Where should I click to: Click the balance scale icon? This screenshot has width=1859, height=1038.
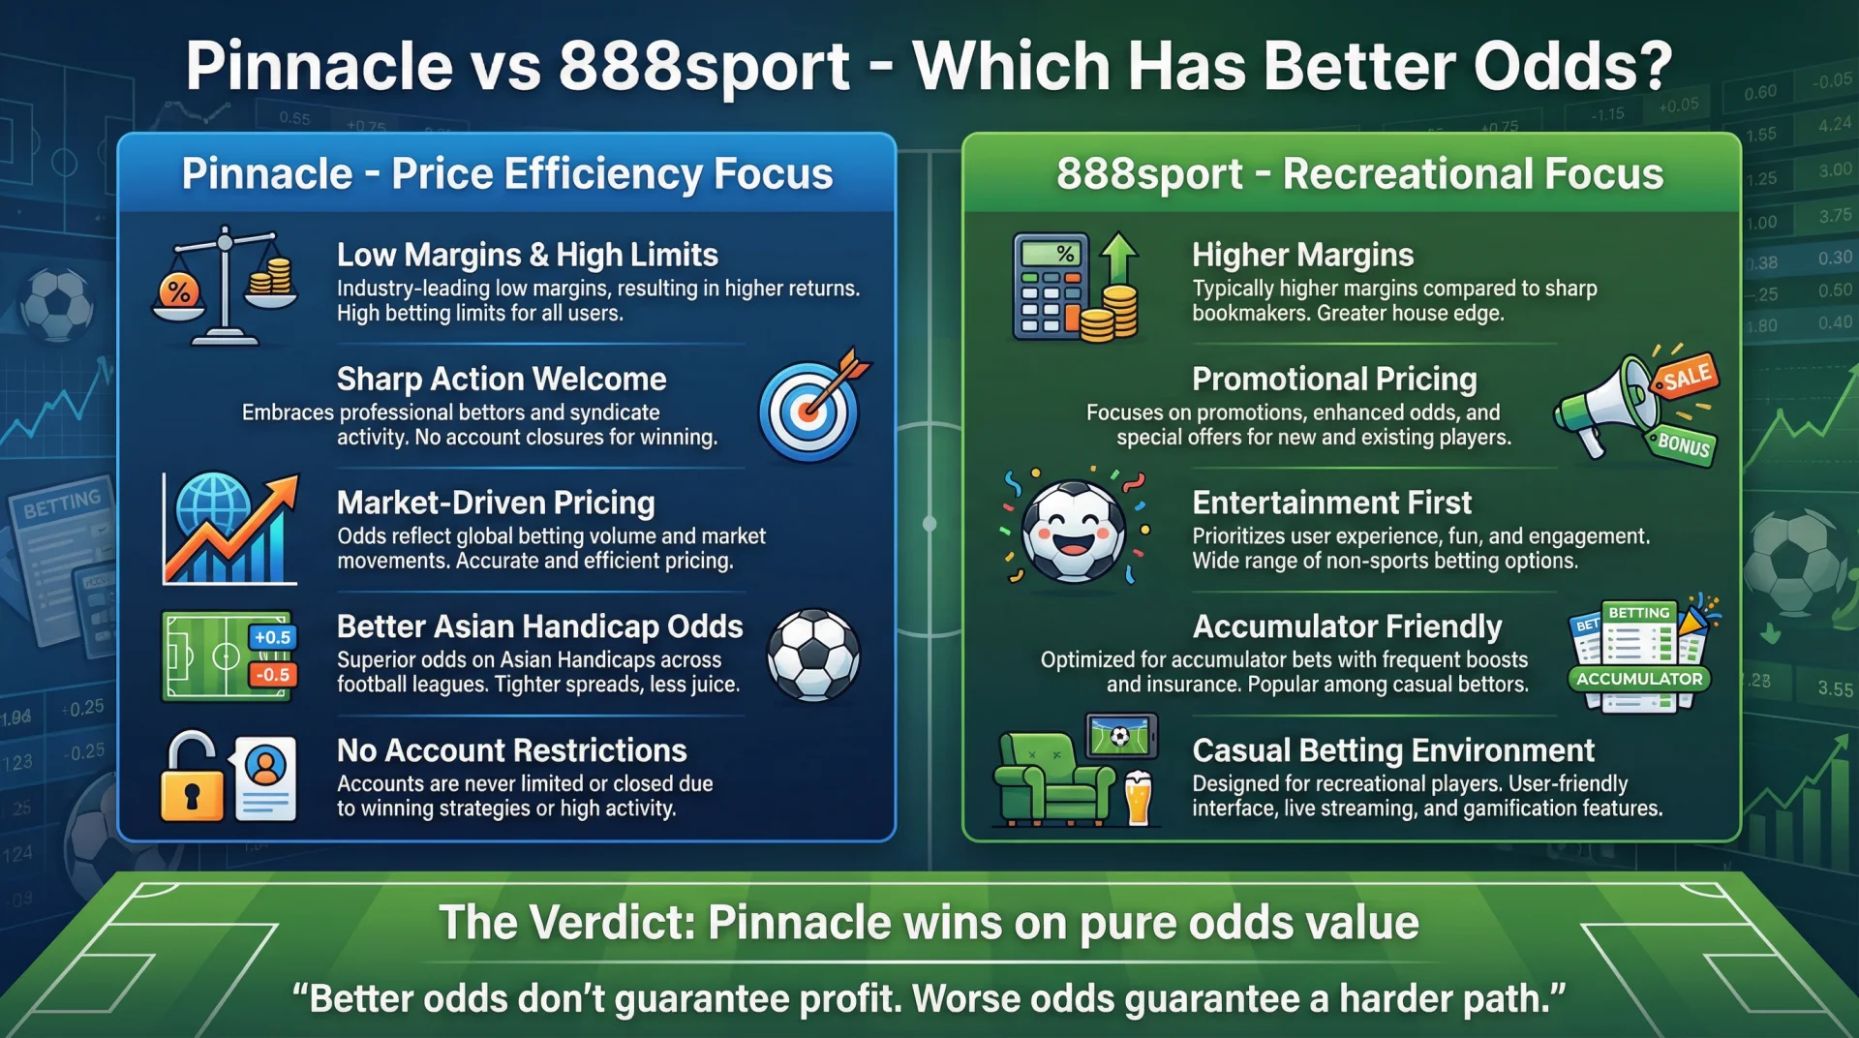click(225, 287)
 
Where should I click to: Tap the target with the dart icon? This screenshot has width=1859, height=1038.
click(810, 410)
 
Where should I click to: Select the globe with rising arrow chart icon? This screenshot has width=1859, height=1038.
click(229, 530)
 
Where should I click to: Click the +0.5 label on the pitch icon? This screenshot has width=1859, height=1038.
click(272, 637)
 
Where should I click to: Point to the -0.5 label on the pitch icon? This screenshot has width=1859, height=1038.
click(272, 675)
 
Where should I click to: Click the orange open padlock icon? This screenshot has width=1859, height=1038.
click(191, 780)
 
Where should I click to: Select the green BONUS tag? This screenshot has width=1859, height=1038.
click(1683, 444)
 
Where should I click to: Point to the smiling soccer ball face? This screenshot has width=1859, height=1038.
click(1073, 530)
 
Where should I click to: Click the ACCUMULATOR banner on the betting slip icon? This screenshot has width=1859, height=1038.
click(1638, 679)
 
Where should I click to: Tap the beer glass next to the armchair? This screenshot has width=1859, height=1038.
click(1139, 798)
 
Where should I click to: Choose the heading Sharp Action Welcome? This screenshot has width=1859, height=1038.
click(502, 379)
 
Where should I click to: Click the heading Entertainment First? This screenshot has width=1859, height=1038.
click(1331, 503)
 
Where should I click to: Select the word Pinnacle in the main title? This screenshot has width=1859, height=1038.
click(320, 66)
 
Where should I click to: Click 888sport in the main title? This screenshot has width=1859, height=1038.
click(704, 66)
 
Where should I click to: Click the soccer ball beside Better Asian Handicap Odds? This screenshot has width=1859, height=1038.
click(813, 655)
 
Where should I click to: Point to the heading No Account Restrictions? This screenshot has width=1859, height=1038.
click(511, 750)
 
